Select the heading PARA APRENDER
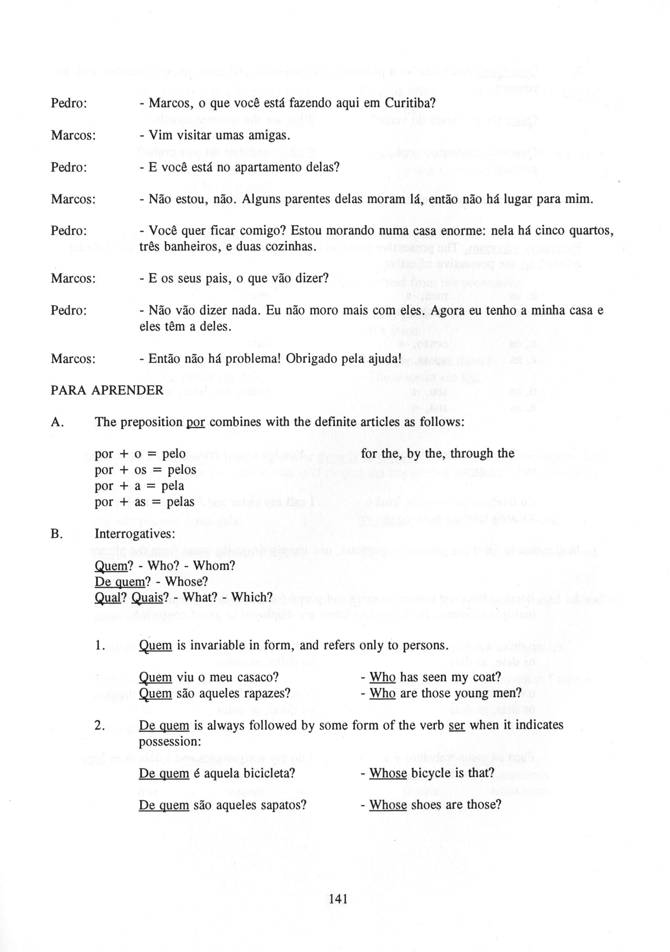(107, 390)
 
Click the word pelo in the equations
(174, 454)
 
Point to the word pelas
(181, 502)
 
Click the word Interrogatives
(135, 533)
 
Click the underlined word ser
(457, 726)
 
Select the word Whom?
(214, 566)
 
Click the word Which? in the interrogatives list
(252, 598)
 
